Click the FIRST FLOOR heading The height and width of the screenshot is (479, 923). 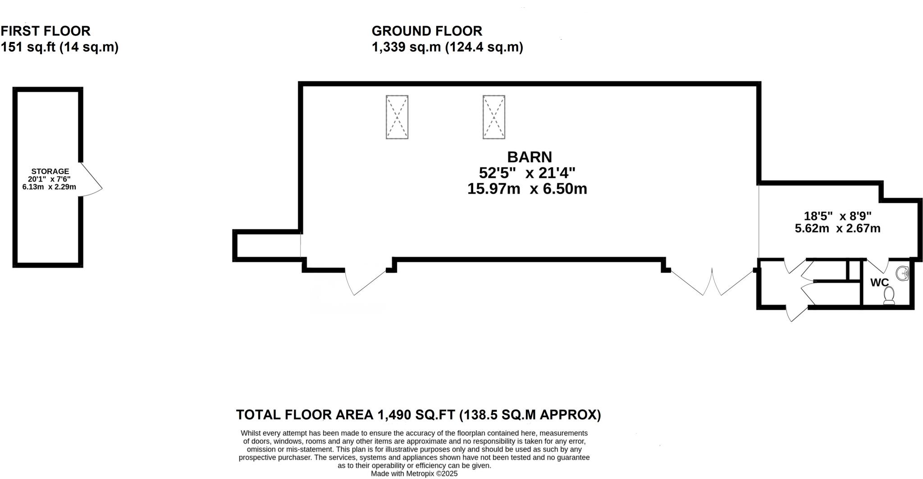[x=46, y=31]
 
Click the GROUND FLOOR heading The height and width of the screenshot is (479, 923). [x=427, y=31]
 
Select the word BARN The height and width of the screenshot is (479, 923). [x=529, y=157]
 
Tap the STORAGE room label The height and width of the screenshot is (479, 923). [x=50, y=171]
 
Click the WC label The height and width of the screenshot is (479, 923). [x=879, y=283]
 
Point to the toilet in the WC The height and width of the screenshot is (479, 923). [x=889, y=296]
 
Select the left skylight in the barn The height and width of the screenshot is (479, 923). [x=397, y=117]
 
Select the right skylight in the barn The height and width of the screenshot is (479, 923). [x=493, y=117]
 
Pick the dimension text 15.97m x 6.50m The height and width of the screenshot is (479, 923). [x=527, y=189]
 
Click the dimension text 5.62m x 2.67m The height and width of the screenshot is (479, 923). [x=837, y=228]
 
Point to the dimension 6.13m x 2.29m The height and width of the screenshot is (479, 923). [x=49, y=187]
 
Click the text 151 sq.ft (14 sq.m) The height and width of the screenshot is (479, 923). [x=59, y=47]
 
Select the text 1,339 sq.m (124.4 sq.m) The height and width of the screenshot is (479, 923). [x=447, y=47]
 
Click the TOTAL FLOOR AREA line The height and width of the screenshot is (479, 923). [x=418, y=415]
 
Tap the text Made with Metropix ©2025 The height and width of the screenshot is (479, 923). [x=414, y=474]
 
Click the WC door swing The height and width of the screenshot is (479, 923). [x=878, y=266]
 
